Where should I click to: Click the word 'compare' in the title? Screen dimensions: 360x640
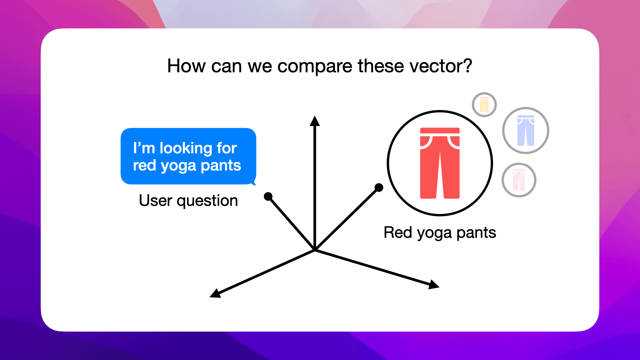[314, 66]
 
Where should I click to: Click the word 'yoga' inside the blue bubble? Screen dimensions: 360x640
[178, 166]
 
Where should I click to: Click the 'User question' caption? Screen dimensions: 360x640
[188, 201]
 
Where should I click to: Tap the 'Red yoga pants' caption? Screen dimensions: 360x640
[440, 233]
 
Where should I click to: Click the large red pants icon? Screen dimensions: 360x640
[440, 163]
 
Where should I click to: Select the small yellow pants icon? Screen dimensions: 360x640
[484, 105]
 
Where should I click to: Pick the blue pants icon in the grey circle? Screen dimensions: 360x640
[525, 130]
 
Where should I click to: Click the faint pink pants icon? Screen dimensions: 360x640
[519, 180]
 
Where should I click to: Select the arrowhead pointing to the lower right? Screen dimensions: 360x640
[434, 285]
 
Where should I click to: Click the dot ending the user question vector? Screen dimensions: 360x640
[268, 196]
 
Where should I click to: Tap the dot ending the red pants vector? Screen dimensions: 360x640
[379, 188]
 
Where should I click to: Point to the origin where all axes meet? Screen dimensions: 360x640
[315, 250]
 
